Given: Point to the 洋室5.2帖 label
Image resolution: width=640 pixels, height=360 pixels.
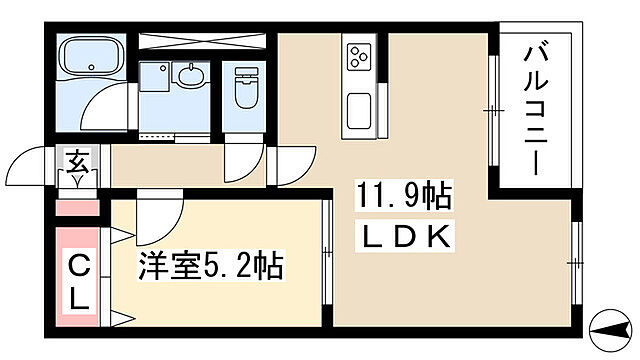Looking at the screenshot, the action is [x=209, y=267].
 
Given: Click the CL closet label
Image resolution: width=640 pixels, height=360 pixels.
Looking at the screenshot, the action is [x=78, y=282].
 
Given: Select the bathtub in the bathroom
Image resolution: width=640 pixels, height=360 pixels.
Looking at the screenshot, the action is [x=89, y=59].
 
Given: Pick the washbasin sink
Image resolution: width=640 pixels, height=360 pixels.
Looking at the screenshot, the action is [x=187, y=74].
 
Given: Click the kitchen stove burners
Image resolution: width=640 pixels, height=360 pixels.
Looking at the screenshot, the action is [x=357, y=58].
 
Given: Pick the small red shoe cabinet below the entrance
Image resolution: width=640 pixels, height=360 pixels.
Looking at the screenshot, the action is [x=77, y=208].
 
